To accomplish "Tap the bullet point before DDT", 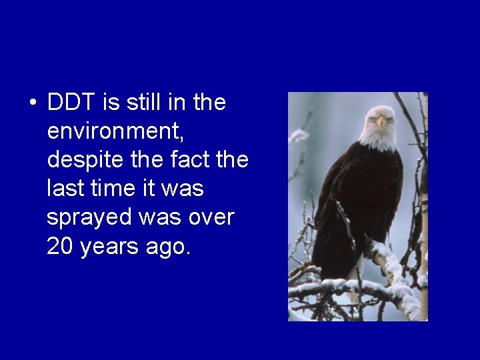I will tap(33, 105).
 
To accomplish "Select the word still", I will tap(141, 103).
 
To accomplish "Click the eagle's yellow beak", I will tap(381, 123).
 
